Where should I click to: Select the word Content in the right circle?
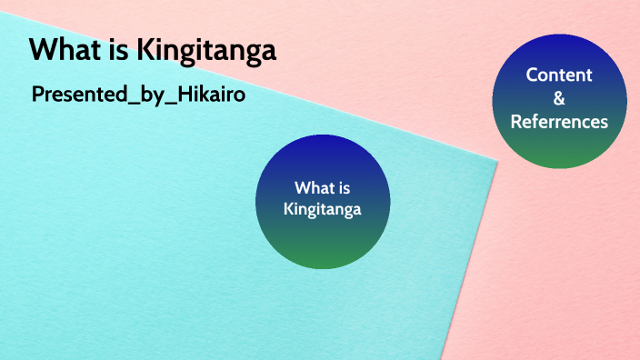pyautogui.click(x=559, y=75)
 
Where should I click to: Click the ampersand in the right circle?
pyautogui.click(x=559, y=98)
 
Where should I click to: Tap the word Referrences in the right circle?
pyautogui.click(x=559, y=121)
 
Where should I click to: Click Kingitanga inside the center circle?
pyautogui.click(x=323, y=210)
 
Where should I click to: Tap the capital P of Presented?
pyautogui.click(x=38, y=95)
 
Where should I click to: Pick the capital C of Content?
pyautogui.click(x=532, y=75)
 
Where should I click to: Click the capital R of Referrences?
pyautogui.click(x=515, y=121)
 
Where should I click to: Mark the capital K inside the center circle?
pyautogui.click(x=288, y=210)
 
